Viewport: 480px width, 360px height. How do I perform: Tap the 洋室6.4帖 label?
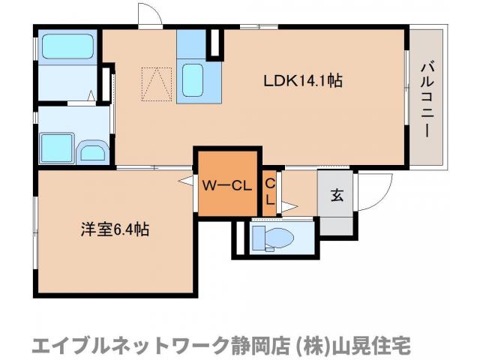115,229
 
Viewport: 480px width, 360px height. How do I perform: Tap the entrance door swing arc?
377,191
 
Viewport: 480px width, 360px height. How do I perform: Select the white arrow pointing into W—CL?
185,180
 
